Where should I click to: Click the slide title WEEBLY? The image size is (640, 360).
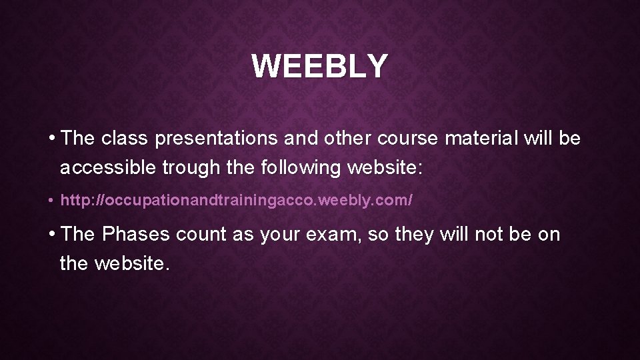[319, 66]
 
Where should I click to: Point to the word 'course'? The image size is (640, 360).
[408, 139]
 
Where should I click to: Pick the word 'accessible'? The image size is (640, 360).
[108, 167]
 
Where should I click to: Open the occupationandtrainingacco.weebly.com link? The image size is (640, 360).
[237, 200]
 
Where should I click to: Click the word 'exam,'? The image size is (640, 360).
[336, 235]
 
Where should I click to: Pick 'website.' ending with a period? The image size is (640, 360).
[133, 263]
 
